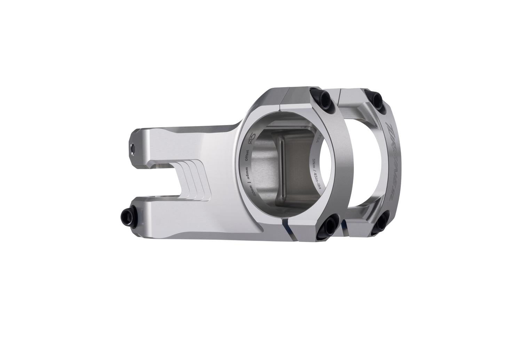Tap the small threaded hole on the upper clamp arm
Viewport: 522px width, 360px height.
133,148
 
